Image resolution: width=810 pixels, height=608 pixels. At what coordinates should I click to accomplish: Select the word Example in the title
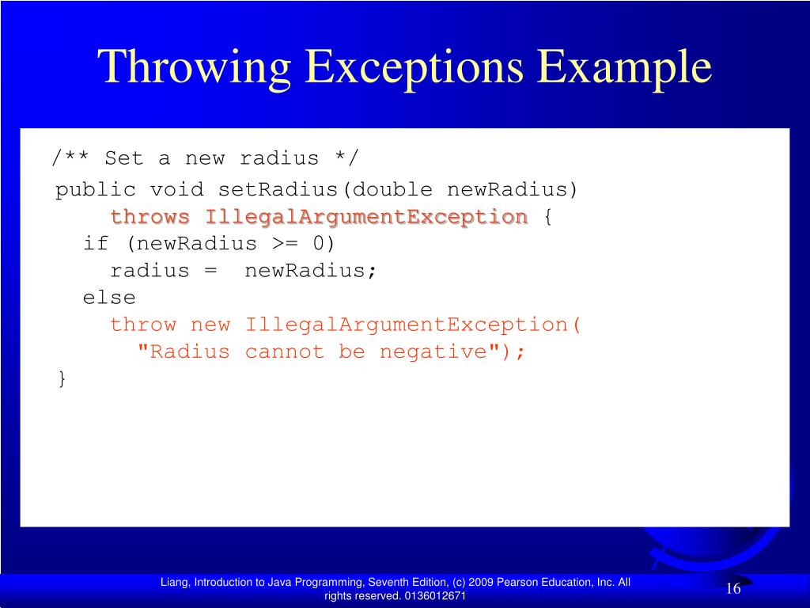[626, 67]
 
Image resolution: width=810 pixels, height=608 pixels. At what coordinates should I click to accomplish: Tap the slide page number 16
[732, 589]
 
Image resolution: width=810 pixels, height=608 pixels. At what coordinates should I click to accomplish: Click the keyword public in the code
[95, 190]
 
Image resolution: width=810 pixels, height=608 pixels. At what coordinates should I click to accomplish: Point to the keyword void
[176, 190]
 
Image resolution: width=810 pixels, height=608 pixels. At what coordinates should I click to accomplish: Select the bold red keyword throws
[150, 217]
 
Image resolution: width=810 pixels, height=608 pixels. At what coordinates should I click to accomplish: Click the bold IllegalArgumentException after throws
[366, 217]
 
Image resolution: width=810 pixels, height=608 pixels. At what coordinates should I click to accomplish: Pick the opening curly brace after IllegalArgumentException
[547, 217]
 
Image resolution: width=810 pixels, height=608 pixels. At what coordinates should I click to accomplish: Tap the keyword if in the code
[96, 244]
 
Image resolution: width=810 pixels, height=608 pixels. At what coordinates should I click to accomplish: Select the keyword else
[109, 298]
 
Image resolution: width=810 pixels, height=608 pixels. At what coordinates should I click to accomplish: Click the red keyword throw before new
[143, 325]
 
